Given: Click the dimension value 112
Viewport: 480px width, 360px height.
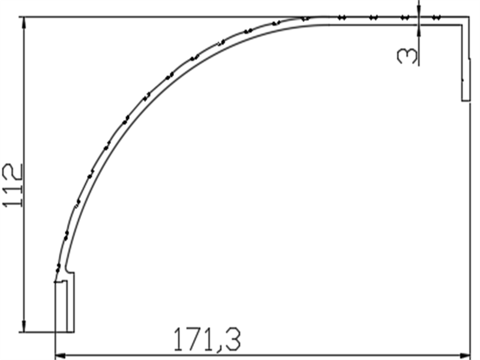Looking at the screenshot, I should (13, 185).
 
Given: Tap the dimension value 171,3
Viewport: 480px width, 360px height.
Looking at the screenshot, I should (207, 340).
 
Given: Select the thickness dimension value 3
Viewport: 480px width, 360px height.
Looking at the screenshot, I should (407, 56).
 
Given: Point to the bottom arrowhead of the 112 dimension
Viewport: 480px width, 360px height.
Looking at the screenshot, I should (24, 327).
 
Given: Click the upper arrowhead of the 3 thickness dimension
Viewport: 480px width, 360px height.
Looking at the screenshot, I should (419, 13).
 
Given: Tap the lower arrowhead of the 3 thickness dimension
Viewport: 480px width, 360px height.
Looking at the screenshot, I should (419, 29).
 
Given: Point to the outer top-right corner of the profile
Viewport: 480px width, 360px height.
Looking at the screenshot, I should (469, 17).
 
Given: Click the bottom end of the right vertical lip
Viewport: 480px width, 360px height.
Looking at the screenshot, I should (466, 100).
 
